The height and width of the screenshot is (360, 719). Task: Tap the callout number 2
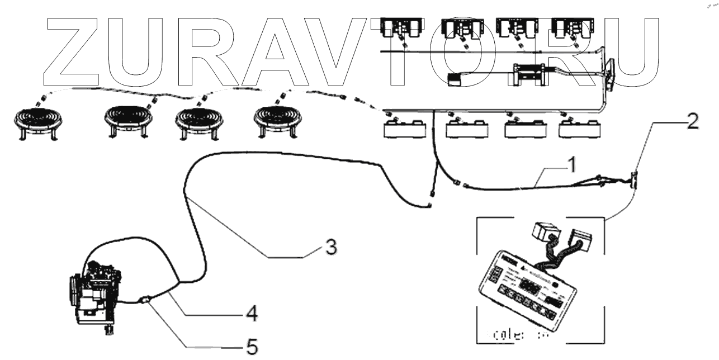click(692, 122)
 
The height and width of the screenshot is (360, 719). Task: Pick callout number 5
click(252, 348)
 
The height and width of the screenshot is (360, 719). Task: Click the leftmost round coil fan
click(38, 120)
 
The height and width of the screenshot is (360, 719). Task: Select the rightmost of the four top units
click(566, 28)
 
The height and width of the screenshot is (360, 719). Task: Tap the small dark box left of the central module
click(456, 79)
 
